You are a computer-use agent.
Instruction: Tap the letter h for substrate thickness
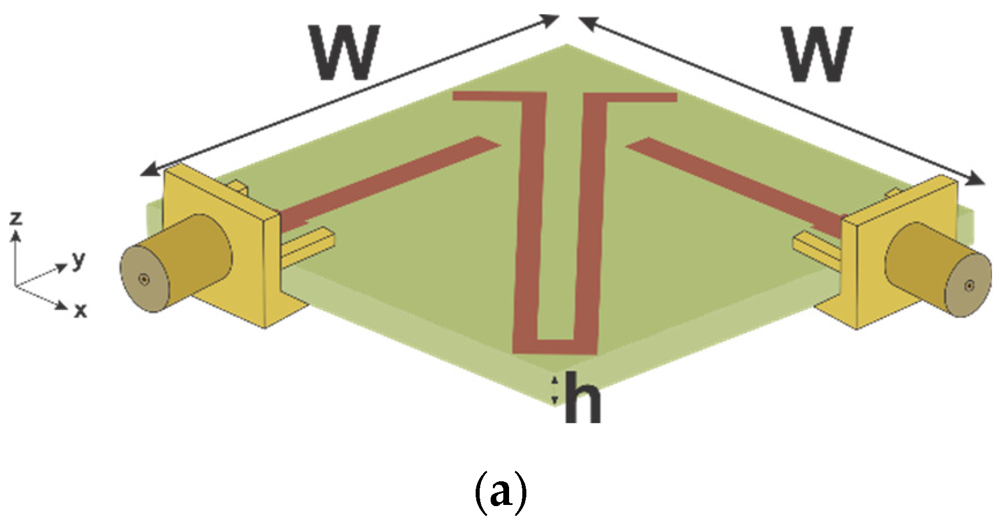pos(582,398)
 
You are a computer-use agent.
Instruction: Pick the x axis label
pos(80,311)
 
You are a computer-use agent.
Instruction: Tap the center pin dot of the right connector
pos(970,285)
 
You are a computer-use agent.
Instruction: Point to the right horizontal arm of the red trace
pos(640,97)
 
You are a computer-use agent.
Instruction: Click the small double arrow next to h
pos(555,390)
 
